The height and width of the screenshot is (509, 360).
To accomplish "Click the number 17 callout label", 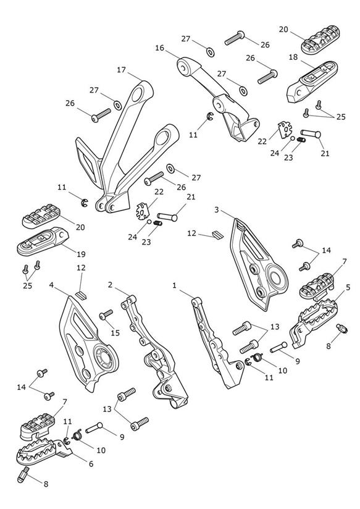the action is (122, 70).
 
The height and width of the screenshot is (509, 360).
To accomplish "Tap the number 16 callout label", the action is (160, 48).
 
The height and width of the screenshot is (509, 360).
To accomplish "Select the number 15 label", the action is (115, 332).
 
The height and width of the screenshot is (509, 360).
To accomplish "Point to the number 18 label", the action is (293, 57).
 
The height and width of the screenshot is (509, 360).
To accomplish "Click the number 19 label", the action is (81, 253).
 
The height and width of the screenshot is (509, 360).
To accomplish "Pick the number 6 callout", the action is (91, 464).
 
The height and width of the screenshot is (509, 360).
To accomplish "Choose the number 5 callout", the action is (348, 287).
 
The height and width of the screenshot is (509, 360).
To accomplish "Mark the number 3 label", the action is (217, 210).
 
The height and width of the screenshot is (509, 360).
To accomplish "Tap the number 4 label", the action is (51, 285).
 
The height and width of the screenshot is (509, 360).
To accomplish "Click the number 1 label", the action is (175, 285).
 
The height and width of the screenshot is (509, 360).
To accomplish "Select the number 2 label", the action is (111, 285).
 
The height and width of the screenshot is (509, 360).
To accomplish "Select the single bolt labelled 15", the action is (106, 314).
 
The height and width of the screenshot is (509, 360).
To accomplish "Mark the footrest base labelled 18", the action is (312, 82).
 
